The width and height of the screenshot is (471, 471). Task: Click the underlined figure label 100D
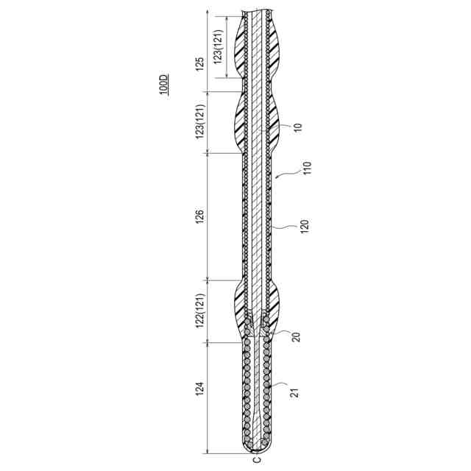coord(164,84)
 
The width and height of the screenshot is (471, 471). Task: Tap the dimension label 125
coord(200,64)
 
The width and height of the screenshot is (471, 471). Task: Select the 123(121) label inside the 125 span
coord(219,46)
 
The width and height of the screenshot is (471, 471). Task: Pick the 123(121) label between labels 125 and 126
coord(200,121)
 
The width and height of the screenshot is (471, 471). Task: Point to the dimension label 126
coord(200,216)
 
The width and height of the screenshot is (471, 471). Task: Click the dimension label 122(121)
coord(200,311)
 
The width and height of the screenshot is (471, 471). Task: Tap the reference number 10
coord(297,127)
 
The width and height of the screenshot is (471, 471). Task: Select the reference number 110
coord(307,169)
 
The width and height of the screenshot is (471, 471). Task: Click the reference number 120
coord(304,227)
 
